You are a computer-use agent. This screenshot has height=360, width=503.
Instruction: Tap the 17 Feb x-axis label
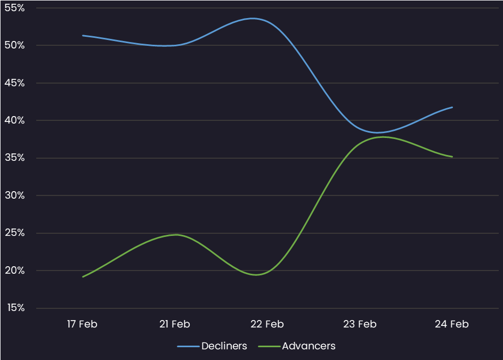point(83,324)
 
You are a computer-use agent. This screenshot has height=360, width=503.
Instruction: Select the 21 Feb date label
point(175,324)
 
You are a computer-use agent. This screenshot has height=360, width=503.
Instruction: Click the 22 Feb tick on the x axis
point(267,324)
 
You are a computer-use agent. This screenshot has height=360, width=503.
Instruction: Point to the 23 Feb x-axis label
point(360,324)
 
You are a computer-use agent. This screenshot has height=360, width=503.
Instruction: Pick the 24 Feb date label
point(452,324)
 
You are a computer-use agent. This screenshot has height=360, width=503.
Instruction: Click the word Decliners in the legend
point(224,346)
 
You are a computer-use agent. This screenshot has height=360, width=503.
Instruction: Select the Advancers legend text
point(309,346)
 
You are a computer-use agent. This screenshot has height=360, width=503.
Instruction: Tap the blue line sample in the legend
point(188,346)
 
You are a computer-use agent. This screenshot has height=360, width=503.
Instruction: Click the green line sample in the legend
point(269,346)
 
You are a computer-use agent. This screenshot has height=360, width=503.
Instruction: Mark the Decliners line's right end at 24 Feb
point(452,108)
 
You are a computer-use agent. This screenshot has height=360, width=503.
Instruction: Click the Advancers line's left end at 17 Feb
point(83,276)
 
